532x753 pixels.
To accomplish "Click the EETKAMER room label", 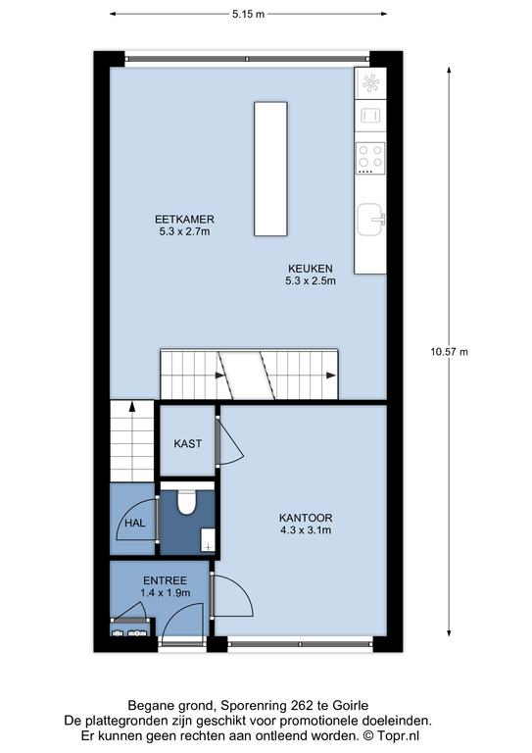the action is [184, 220].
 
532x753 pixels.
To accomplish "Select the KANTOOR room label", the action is [306, 518].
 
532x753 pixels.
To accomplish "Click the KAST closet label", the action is [187, 444].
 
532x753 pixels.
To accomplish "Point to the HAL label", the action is [135, 523].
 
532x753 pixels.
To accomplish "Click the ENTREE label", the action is [165, 580].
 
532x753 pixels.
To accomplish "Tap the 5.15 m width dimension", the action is [249, 14].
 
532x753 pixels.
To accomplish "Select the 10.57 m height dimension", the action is [449, 352].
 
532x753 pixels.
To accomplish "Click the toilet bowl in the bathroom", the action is [186, 502].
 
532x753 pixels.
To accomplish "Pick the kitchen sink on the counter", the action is [370, 220].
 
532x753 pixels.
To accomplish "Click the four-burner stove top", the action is [370, 158].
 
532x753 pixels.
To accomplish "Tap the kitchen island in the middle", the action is [270, 169].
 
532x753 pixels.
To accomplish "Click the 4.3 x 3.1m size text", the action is [306, 530].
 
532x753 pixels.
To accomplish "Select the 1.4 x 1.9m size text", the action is [165, 592].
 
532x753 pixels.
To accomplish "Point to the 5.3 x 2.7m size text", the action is [184, 231].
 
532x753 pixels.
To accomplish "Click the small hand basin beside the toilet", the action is [208, 540].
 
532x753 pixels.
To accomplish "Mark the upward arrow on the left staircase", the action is [131, 408].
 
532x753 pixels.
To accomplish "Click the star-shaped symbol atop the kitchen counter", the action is [370, 83].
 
